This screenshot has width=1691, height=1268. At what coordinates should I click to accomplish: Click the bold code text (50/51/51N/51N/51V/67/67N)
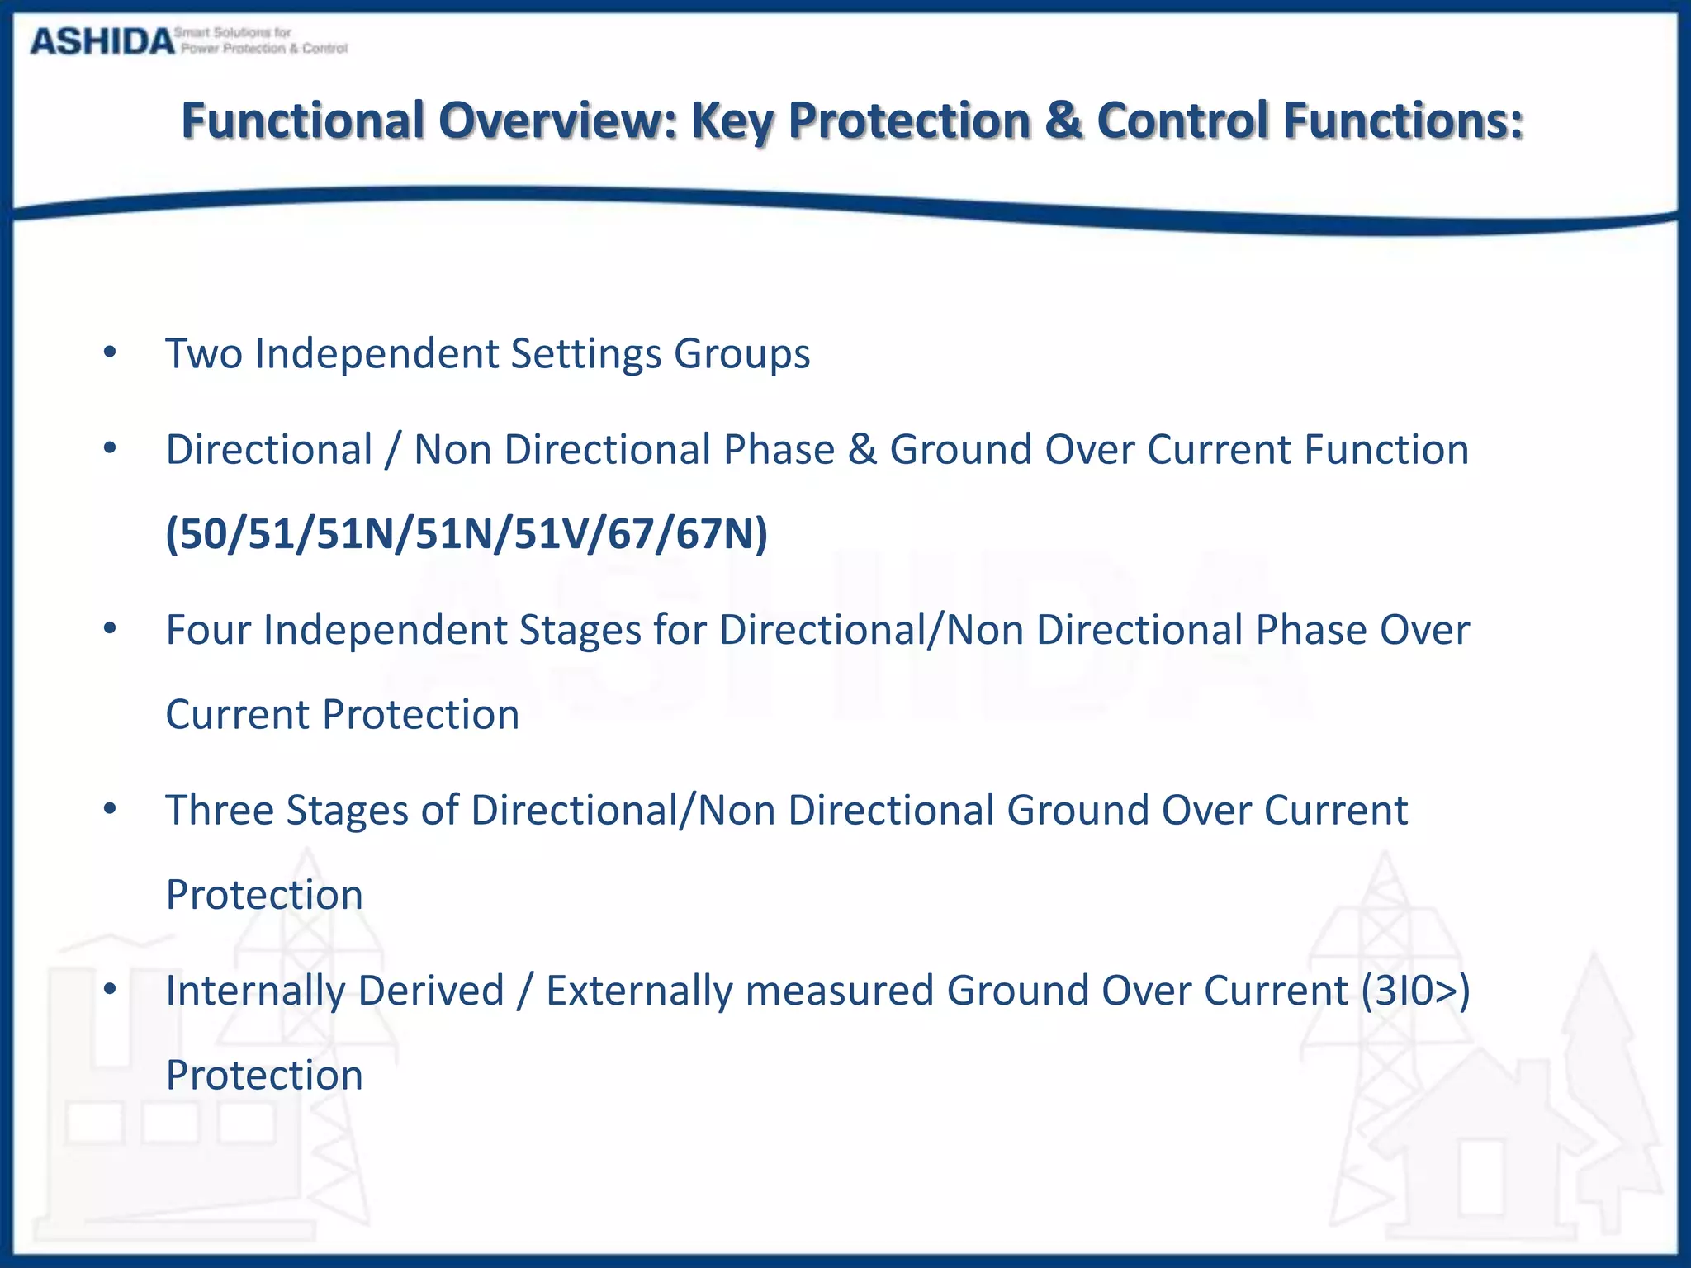(467, 533)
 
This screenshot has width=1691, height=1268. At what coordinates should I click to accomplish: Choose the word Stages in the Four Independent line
(579, 631)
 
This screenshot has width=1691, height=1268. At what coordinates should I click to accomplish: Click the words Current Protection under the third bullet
(342, 715)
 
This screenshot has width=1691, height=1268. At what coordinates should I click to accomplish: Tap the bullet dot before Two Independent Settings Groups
(110, 352)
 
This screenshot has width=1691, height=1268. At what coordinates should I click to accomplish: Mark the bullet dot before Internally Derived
(110, 988)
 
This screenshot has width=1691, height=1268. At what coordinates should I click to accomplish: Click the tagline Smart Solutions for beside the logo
(233, 32)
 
